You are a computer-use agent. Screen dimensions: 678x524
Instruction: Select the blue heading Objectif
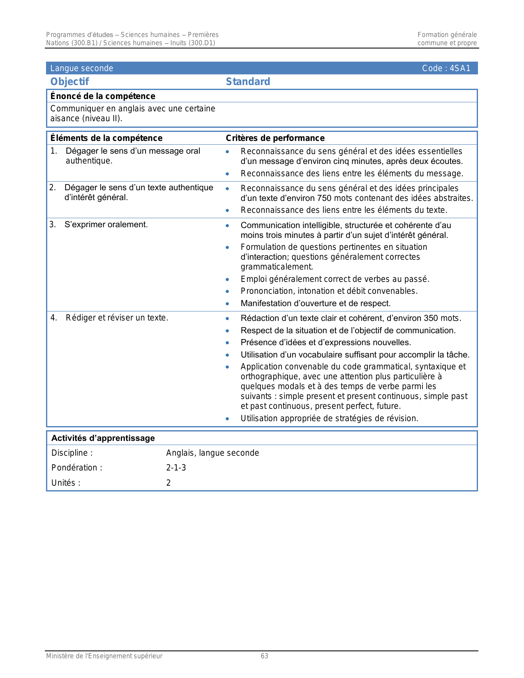click(69, 82)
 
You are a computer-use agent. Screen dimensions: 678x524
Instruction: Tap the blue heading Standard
click(248, 82)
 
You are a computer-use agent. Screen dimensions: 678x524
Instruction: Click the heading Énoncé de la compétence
click(103, 96)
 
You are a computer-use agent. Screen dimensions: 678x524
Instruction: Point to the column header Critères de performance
click(275, 138)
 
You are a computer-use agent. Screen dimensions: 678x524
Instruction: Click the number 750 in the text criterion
click(324, 198)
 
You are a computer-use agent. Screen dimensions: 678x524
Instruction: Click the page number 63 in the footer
click(264, 656)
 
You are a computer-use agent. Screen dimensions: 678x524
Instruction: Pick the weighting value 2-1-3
click(176, 468)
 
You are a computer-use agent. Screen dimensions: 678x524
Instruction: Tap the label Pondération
click(76, 468)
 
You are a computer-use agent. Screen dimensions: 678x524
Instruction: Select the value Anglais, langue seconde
click(212, 453)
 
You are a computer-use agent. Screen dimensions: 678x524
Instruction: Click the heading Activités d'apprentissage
click(103, 438)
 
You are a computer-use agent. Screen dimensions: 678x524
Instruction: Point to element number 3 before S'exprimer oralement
click(52, 224)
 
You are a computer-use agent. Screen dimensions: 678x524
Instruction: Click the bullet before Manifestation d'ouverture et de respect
click(227, 304)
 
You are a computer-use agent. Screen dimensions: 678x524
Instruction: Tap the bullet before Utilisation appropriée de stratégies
click(227, 419)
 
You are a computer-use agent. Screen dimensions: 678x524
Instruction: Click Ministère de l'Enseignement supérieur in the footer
click(104, 656)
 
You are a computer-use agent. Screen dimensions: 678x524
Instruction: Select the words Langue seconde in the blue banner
click(81, 68)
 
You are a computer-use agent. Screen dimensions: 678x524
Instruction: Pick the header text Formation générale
click(447, 35)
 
